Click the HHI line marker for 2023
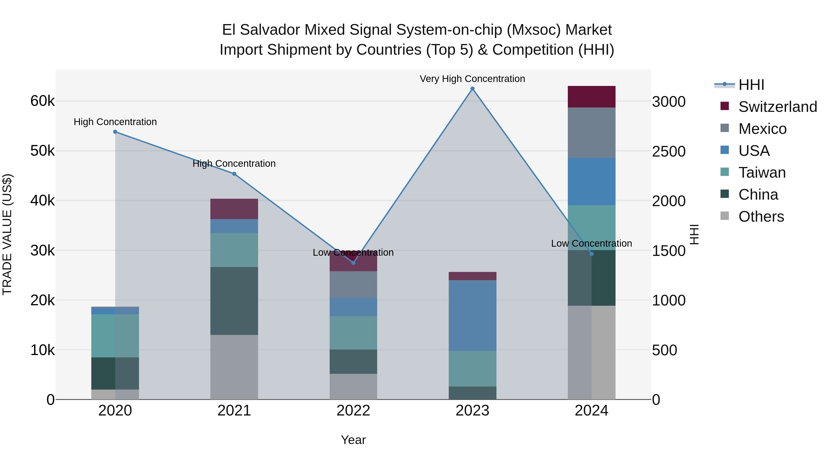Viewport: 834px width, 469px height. click(x=472, y=89)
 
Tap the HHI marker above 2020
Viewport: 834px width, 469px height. click(x=115, y=132)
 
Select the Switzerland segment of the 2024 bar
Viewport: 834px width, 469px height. click(x=591, y=97)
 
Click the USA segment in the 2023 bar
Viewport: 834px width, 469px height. click(x=472, y=316)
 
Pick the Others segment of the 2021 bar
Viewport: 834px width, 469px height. click(x=234, y=367)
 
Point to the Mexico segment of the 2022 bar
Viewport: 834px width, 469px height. click(x=353, y=284)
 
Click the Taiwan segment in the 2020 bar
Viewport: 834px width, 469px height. click(x=115, y=336)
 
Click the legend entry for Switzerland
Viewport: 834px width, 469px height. click(x=777, y=107)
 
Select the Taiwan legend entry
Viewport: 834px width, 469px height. click(x=762, y=173)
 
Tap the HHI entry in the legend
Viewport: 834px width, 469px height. click(x=751, y=85)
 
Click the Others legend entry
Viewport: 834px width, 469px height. click(x=761, y=217)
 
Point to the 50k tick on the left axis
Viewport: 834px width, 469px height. click(x=42, y=151)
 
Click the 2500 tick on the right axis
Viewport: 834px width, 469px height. click(x=669, y=151)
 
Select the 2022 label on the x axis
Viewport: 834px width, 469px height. click(x=353, y=411)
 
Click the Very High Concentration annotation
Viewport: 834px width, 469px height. click(x=472, y=79)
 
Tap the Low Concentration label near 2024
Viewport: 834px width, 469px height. click(x=591, y=243)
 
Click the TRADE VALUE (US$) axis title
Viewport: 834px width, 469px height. click(x=7, y=234)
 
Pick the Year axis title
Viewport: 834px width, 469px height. click(x=353, y=440)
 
